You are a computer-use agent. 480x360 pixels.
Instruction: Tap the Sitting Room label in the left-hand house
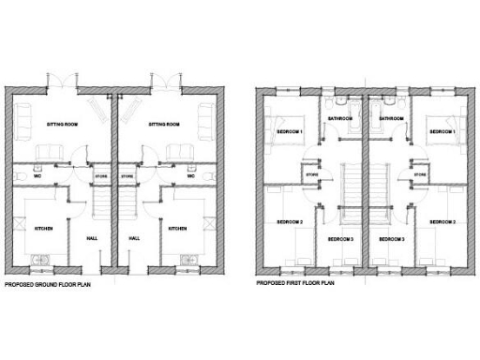(59, 123)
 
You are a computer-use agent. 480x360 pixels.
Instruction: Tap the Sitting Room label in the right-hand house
(164, 123)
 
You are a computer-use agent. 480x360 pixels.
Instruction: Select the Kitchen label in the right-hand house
(179, 228)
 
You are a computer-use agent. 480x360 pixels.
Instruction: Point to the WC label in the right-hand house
(190, 175)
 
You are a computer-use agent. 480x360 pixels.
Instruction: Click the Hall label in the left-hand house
(92, 238)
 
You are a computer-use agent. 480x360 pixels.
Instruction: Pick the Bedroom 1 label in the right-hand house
(442, 132)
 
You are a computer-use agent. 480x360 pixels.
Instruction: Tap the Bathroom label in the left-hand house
(339, 119)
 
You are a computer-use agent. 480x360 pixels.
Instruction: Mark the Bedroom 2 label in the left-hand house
(289, 222)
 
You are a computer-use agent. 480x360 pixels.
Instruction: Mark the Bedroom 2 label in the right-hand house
(442, 222)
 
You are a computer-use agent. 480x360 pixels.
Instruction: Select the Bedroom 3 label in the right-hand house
(392, 240)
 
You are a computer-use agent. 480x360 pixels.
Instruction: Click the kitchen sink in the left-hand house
(37, 259)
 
